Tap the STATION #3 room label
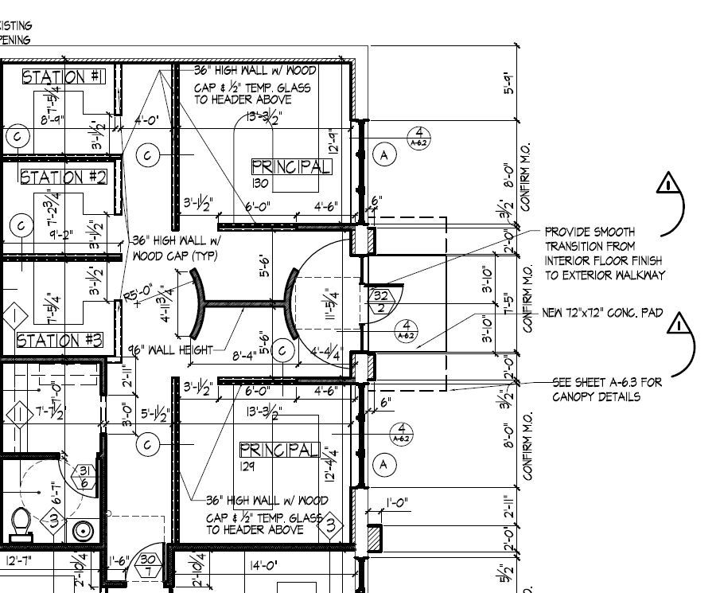tap(60, 341)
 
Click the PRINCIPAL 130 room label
tap(291, 167)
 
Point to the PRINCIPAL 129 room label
tap(279, 450)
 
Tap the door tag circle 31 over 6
tap(84, 476)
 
